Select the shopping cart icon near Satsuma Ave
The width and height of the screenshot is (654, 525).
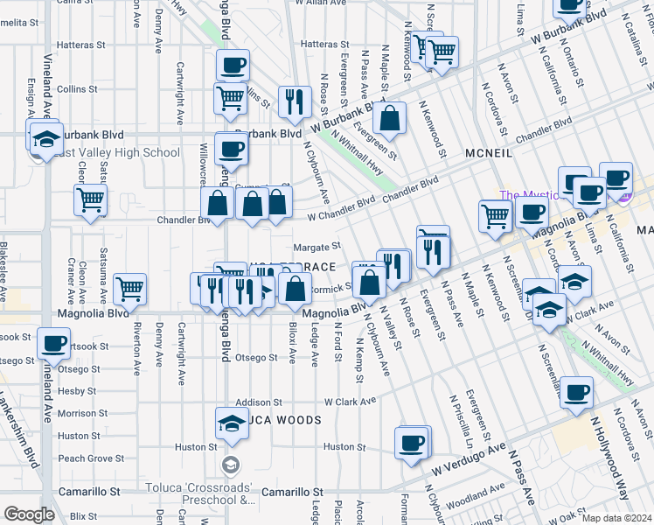pos(90,200)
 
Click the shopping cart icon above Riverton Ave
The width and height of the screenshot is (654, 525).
pos(129,288)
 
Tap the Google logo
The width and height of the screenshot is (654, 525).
pos(29,514)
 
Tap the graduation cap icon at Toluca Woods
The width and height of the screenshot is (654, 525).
pos(231,424)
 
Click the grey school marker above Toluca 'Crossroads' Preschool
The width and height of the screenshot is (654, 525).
pos(231,464)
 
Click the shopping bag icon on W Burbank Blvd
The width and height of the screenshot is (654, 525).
pos(393,120)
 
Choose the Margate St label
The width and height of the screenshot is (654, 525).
pos(316,248)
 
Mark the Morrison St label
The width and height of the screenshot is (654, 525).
pos(83,413)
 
